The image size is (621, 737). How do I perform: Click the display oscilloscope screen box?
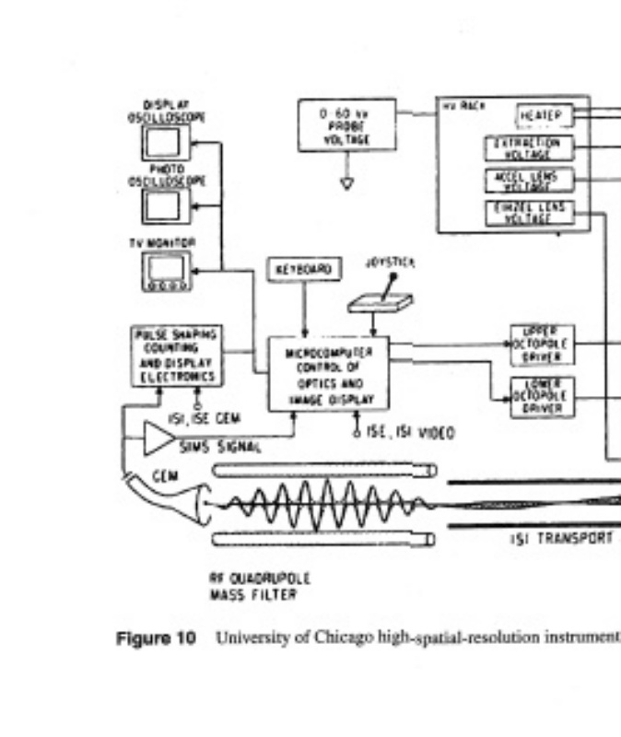165,142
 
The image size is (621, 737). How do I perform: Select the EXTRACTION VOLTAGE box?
528,148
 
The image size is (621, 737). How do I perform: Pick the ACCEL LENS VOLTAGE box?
528,180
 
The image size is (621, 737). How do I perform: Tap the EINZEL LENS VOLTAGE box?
528,213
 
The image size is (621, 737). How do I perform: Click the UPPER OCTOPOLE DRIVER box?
542,341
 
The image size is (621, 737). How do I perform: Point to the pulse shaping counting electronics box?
176,355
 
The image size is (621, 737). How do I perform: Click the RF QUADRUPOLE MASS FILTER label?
260,586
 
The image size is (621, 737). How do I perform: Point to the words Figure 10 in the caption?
155,638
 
